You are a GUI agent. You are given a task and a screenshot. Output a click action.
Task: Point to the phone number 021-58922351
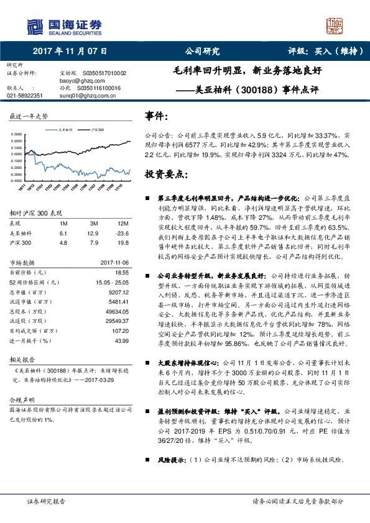pos(25,96)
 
